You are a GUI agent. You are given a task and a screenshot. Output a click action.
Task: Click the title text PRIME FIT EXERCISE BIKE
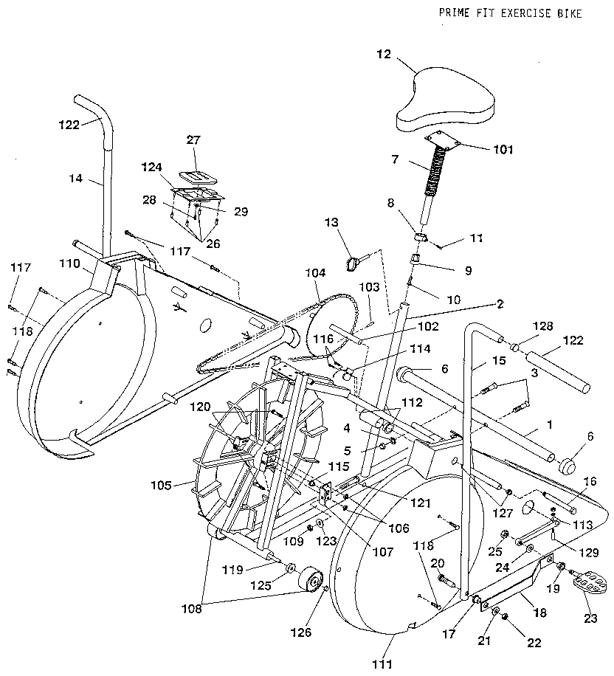[x=510, y=13]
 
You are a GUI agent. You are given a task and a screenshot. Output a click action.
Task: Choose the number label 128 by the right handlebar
[x=542, y=325]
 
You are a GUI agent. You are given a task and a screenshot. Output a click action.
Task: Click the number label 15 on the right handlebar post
[x=479, y=362]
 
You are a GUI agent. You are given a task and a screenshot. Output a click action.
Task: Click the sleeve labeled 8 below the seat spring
[x=420, y=238]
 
